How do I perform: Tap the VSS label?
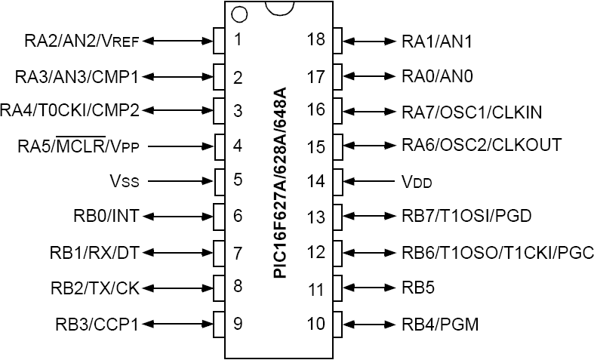point(125,181)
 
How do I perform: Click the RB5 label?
point(418,288)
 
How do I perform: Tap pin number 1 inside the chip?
point(238,40)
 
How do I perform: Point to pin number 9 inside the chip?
point(238,324)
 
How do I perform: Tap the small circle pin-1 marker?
point(239,14)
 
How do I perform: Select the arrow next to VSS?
point(181,181)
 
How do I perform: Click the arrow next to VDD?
point(371,181)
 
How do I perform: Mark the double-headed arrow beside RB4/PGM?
point(371,324)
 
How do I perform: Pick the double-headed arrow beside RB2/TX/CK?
point(181,288)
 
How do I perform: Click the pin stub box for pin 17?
point(337,75)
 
